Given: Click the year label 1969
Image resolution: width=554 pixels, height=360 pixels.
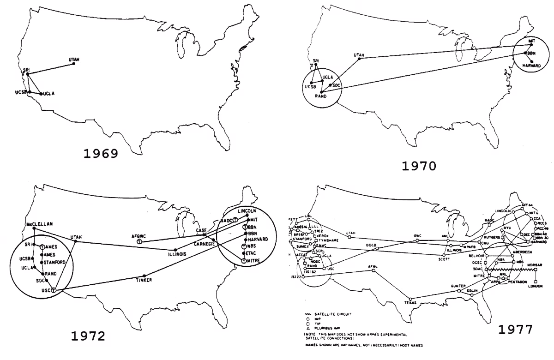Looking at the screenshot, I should [100, 153].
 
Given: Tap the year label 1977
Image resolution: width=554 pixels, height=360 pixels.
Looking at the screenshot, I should [515, 329].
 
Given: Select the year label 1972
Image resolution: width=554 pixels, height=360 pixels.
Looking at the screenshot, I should [88, 336].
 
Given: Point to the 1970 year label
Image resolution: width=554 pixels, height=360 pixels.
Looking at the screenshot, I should [418, 166].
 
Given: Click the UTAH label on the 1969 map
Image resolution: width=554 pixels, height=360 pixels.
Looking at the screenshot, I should [74, 60].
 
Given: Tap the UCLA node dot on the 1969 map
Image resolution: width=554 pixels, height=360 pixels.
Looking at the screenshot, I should [41, 94].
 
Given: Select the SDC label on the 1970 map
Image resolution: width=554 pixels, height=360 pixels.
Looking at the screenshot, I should [337, 85].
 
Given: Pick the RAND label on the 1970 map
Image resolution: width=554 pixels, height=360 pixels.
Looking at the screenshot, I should [320, 96].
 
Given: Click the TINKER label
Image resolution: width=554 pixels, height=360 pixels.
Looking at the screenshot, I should [144, 280].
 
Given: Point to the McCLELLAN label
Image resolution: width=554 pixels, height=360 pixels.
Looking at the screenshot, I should [40, 224].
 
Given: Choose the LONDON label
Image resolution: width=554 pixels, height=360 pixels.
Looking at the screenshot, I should [536, 286].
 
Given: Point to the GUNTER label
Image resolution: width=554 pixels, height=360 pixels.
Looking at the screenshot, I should [458, 286].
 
